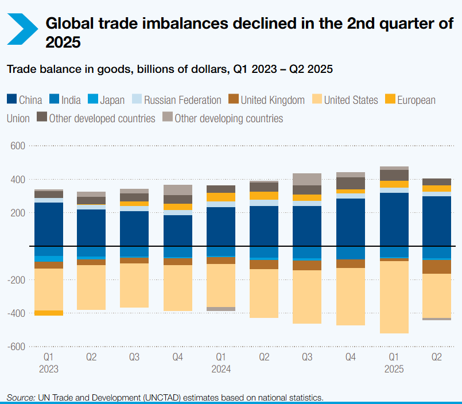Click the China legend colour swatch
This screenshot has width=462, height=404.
click(x=11, y=100)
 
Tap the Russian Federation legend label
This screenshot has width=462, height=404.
click(x=183, y=100)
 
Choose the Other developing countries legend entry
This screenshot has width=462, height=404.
click(x=228, y=119)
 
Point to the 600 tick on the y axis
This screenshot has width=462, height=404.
click(x=18, y=146)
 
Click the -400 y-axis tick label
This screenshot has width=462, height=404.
click(x=17, y=313)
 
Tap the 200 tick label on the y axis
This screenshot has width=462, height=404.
click(x=18, y=213)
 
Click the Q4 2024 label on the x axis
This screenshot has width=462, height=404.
click(x=350, y=356)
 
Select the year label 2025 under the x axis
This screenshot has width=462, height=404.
click(x=393, y=369)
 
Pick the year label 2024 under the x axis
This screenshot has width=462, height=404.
click(x=221, y=369)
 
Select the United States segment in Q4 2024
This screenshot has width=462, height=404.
click(x=350, y=296)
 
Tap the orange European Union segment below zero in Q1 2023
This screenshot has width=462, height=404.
click(x=49, y=313)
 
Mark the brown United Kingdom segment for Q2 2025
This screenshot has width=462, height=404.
click(x=436, y=266)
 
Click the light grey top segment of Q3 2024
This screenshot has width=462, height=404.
click(x=307, y=179)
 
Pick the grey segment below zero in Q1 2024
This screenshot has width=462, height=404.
click(x=221, y=309)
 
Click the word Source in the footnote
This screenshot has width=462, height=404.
click(x=20, y=397)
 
